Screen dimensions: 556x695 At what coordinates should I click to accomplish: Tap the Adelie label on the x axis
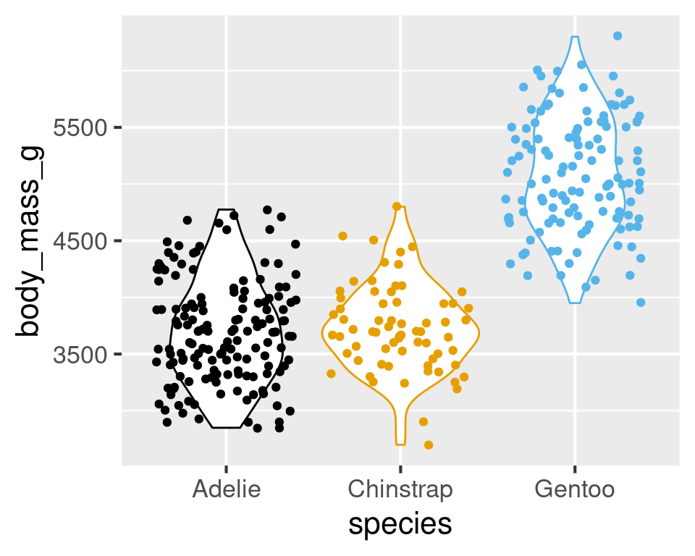(226, 489)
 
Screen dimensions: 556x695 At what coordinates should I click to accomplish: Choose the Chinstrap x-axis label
(400, 489)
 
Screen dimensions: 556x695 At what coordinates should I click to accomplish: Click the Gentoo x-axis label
(574, 489)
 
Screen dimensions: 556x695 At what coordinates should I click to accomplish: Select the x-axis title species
(400, 525)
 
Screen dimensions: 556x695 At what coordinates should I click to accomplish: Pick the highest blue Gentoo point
(618, 35)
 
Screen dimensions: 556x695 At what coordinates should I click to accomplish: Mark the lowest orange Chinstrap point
(429, 445)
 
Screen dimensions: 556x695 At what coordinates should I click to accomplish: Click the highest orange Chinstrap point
(397, 206)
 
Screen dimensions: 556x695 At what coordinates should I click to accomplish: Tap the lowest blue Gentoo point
(641, 303)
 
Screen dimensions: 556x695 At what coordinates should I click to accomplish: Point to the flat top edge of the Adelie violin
(226, 210)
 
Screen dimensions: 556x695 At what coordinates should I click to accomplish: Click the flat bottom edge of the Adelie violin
(226, 428)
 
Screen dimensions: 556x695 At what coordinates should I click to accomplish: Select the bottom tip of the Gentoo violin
(574, 303)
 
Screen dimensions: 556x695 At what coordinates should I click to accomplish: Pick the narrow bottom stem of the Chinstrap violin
(400, 431)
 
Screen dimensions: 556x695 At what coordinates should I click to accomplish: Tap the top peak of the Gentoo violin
(574, 37)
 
